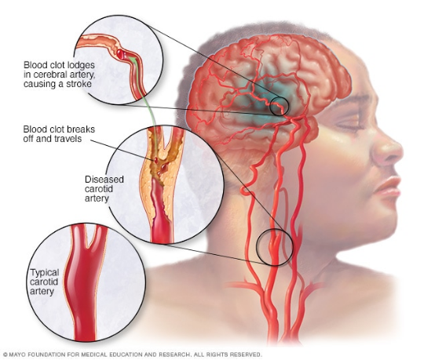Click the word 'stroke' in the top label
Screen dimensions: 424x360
[75, 84]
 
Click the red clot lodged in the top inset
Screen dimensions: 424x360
[121, 54]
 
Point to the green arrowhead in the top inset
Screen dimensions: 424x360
[131, 59]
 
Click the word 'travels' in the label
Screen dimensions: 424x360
[68, 139]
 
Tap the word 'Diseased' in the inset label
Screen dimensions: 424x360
[104, 180]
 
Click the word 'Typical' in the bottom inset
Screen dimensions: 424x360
[44, 273]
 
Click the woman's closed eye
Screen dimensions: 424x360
[349, 126]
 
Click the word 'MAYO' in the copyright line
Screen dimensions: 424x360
[16, 355]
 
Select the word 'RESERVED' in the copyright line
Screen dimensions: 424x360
[247, 355]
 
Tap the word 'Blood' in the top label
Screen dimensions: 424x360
[34, 65]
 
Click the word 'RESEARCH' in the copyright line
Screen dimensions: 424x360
[174, 355]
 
